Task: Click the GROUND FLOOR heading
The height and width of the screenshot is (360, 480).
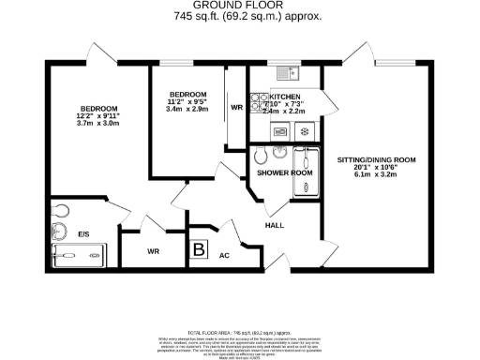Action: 239,7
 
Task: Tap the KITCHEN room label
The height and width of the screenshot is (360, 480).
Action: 285,97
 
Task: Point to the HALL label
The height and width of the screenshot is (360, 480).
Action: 275,226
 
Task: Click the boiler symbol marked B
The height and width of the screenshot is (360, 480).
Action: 200,249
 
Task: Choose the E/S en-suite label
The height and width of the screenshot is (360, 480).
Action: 83,233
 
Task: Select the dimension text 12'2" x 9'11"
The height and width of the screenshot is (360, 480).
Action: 95,117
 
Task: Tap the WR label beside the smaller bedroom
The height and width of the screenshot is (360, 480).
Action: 237,108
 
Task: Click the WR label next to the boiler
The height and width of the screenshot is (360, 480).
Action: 151,250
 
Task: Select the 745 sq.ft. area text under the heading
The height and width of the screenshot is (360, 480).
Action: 240,17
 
